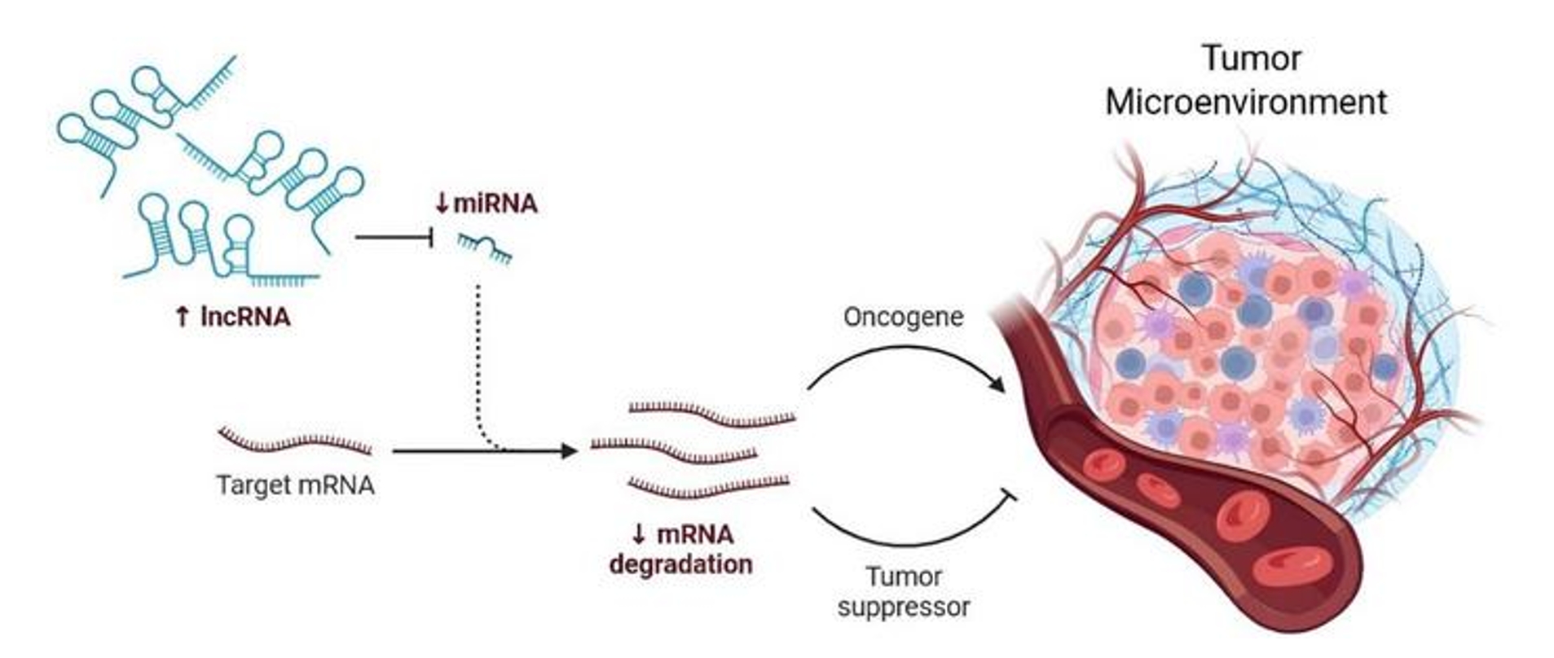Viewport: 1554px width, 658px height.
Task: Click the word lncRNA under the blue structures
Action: click(x=246, y=317)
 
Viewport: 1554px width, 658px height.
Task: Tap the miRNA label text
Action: click(x=495, y=204)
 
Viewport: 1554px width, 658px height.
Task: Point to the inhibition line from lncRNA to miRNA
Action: click(x=394, y=238)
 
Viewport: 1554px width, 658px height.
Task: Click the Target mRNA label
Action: click(x=295, y=485)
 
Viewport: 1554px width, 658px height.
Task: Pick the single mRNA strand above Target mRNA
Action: click(x=295, y=441)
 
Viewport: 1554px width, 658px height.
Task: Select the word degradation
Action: click(x=681, y=565)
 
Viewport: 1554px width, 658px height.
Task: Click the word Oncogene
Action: click(x=903, y=317)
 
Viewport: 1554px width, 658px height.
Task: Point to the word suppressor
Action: click(x=904, y=608)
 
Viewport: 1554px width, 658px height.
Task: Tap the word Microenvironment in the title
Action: click(x=1246, y=103)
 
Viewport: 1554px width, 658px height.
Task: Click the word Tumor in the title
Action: click(x=1252, y=59)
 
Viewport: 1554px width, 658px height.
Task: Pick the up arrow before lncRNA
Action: click(x=183, y=317)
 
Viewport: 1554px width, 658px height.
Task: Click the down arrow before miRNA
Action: click(x=442, y=204)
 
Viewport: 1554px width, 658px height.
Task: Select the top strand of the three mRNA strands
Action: click(x=712, y=414)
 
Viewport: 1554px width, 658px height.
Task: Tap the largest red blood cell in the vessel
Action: click(x=1292, y=567)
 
